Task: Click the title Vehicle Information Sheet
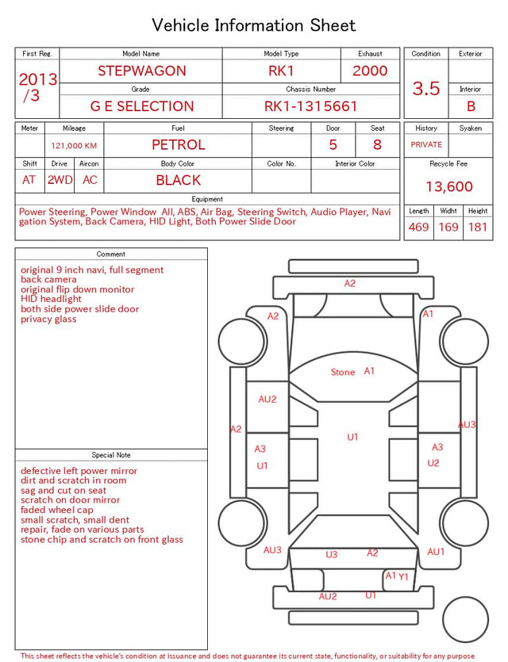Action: click(253, 25)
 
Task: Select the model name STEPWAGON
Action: click(142, 71)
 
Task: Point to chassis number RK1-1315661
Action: click(310, 106)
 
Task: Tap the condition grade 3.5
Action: click(426, 89)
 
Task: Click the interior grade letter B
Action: click(471, 106)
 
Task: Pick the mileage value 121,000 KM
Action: click(74, 146)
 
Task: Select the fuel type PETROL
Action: click(179, 145)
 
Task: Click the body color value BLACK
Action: click(179, 180)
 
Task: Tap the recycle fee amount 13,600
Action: click(448, 186)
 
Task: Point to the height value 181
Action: click(478, 227)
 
